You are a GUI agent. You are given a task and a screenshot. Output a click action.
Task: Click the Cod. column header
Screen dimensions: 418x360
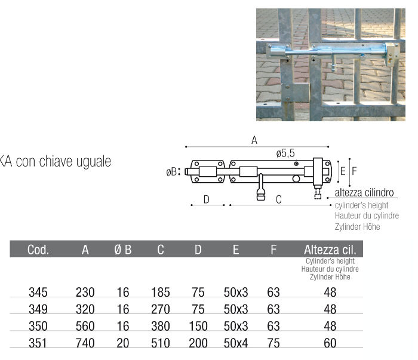coord(38,250)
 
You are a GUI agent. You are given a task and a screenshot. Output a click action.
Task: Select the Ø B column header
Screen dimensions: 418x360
coord(123,250)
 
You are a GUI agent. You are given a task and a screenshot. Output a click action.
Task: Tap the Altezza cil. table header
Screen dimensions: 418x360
coord(330,250)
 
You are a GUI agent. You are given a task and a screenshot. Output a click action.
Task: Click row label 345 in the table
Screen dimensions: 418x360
coord(38,293)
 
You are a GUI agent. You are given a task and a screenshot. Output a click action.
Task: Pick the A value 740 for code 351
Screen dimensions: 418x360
coord(85,343)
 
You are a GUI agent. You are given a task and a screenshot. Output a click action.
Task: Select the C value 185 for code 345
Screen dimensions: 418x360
coord(161,293)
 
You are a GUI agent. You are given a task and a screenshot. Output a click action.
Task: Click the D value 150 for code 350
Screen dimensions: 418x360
coord(198,326)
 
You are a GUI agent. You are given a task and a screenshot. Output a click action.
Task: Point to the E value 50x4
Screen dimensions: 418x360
coord(236,343)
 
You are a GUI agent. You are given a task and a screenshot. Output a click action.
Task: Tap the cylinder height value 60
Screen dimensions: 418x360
coord(330,343)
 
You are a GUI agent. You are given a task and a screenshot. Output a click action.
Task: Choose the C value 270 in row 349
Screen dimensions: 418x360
coord(161,309)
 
